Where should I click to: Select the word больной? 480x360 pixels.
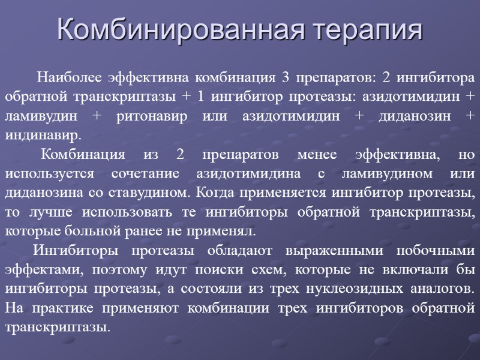click(x=77, y=231)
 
